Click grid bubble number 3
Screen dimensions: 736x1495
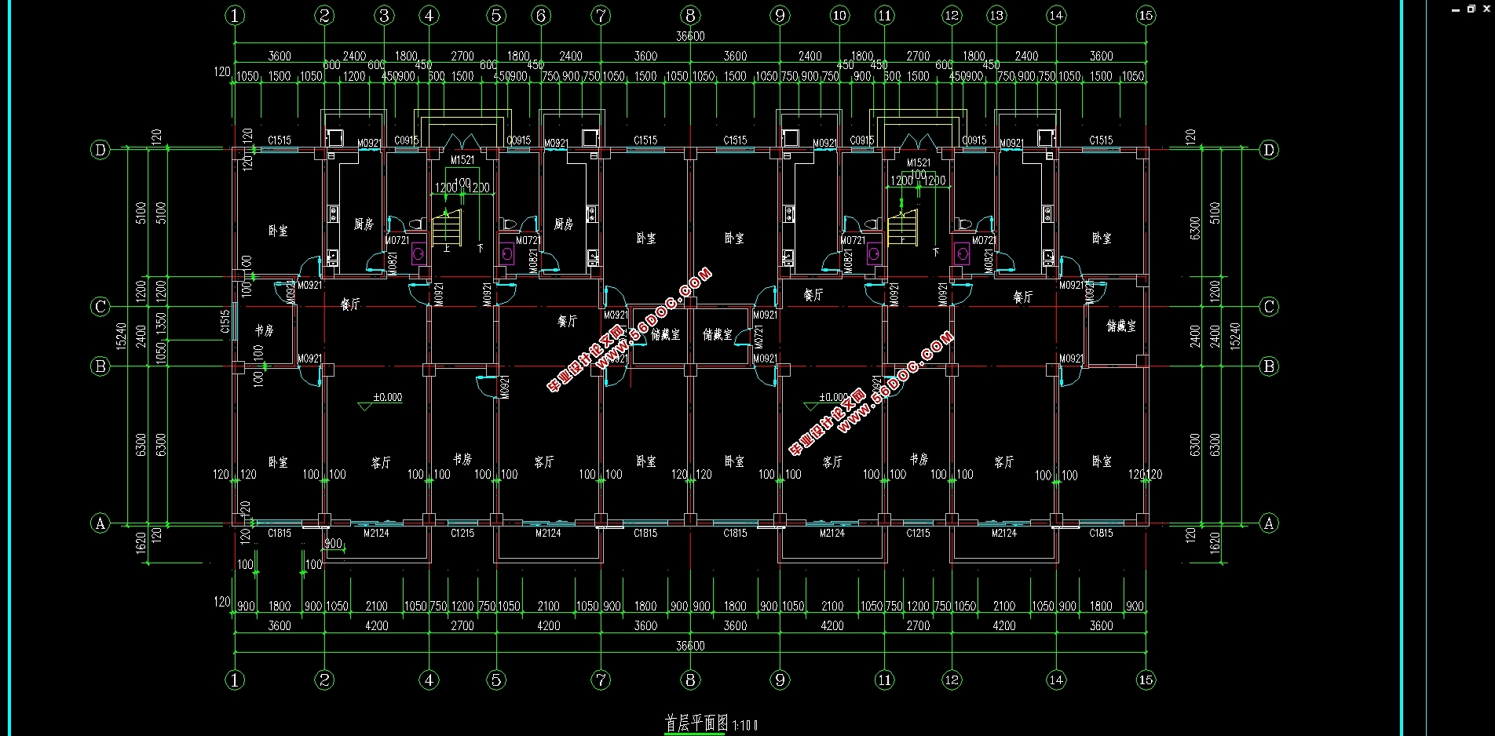click(x=384, y=16)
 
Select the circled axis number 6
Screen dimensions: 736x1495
click(x=540, y=16)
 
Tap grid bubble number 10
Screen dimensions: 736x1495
click(x=839, y=16)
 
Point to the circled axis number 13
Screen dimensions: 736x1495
click(x=996, y=16)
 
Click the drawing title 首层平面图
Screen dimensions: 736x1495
click(x=696, y=723)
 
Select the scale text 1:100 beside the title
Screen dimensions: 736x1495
click(x=745, y=725)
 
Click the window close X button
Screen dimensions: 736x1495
click(x=1486, y=9)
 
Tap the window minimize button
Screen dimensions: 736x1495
click(x=1456, y=9)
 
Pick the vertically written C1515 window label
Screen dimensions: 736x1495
click(x=225, y=322)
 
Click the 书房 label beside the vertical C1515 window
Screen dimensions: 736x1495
click(x=264, y=330)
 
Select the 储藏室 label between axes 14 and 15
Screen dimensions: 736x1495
click(x=1120, y=326)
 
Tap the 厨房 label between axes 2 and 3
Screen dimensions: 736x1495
click(x=363, y=224)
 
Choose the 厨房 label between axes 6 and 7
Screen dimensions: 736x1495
click(x=563, y=224)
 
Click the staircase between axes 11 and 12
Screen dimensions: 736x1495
click(x=903, y=227)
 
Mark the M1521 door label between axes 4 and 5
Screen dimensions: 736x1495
click(x=462, y=160)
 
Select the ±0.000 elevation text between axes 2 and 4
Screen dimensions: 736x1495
click(x=387, y=397)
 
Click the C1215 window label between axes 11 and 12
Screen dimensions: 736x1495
click(x=918, y=534)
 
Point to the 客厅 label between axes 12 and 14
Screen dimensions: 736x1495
click(x=1003, y=462)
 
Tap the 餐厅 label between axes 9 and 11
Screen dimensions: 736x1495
click(x=813, y=295)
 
